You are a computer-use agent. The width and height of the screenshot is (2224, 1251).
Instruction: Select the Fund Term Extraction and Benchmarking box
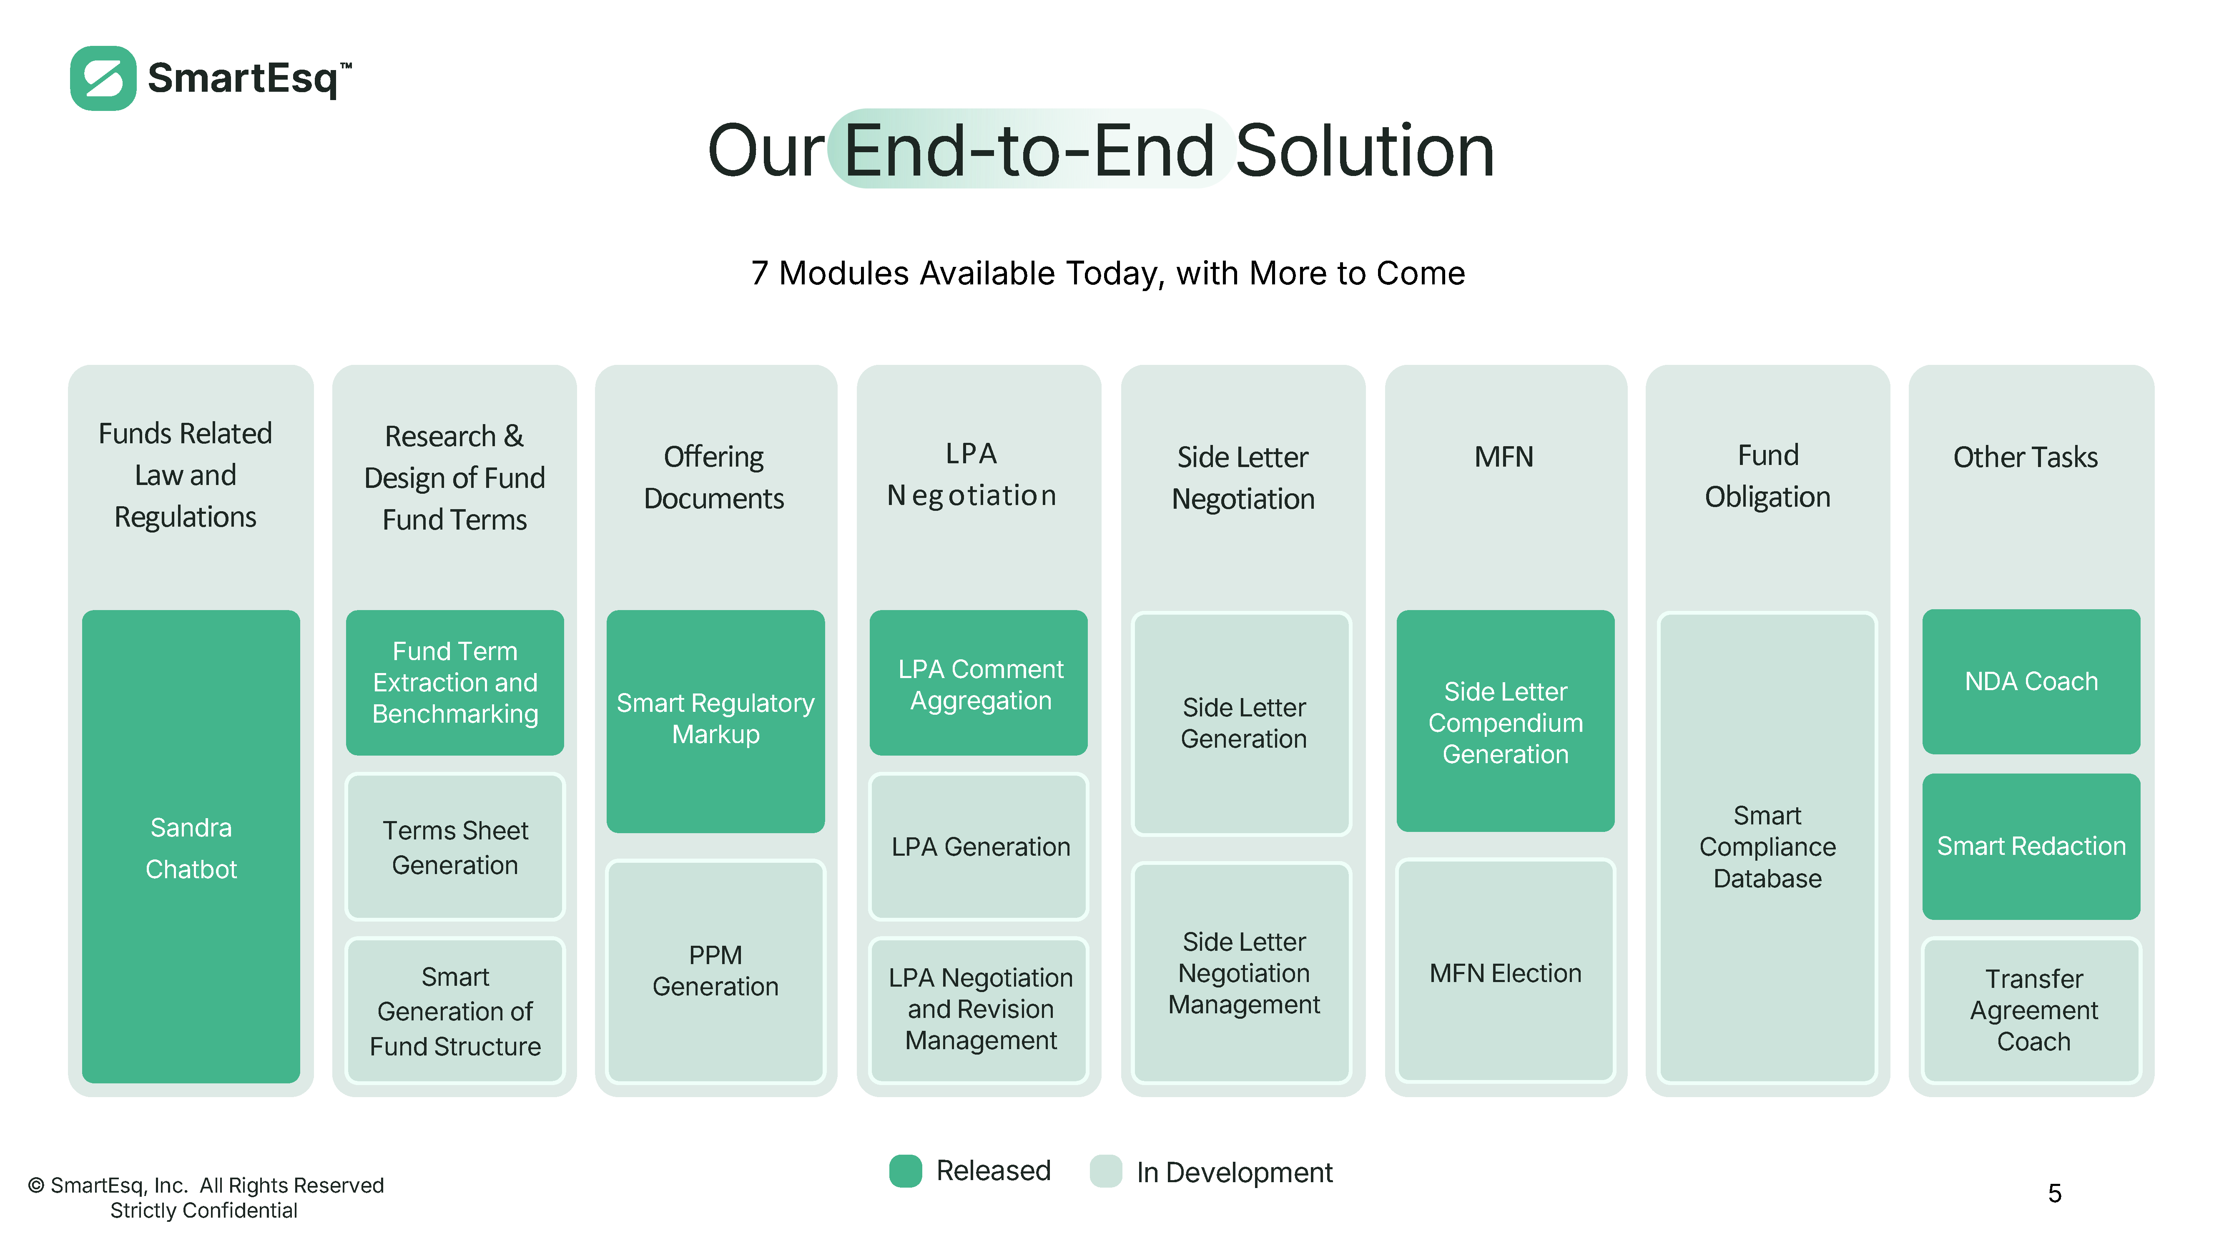point(455,682)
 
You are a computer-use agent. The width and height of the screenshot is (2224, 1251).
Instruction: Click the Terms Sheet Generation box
point(455,847)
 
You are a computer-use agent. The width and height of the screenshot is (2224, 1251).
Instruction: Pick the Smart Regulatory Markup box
point(716,721)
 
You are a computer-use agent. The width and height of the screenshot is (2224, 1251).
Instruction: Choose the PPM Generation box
point(716,971)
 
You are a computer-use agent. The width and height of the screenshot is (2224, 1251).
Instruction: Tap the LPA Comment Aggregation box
point(978,682)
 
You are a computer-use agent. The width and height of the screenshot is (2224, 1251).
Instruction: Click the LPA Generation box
point(978,847)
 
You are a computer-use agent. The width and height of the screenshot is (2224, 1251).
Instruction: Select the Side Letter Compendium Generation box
point(1506,721)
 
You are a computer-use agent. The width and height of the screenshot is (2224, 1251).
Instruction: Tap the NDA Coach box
point(2031,681)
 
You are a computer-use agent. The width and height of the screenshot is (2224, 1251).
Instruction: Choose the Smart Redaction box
point(2031,846)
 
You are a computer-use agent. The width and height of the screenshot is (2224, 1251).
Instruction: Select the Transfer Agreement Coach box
point(2031,1010)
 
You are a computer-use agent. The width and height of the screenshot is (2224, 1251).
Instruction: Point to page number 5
point(2055,1193)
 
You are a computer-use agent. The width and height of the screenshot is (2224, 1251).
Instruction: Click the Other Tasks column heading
point(2026,457)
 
